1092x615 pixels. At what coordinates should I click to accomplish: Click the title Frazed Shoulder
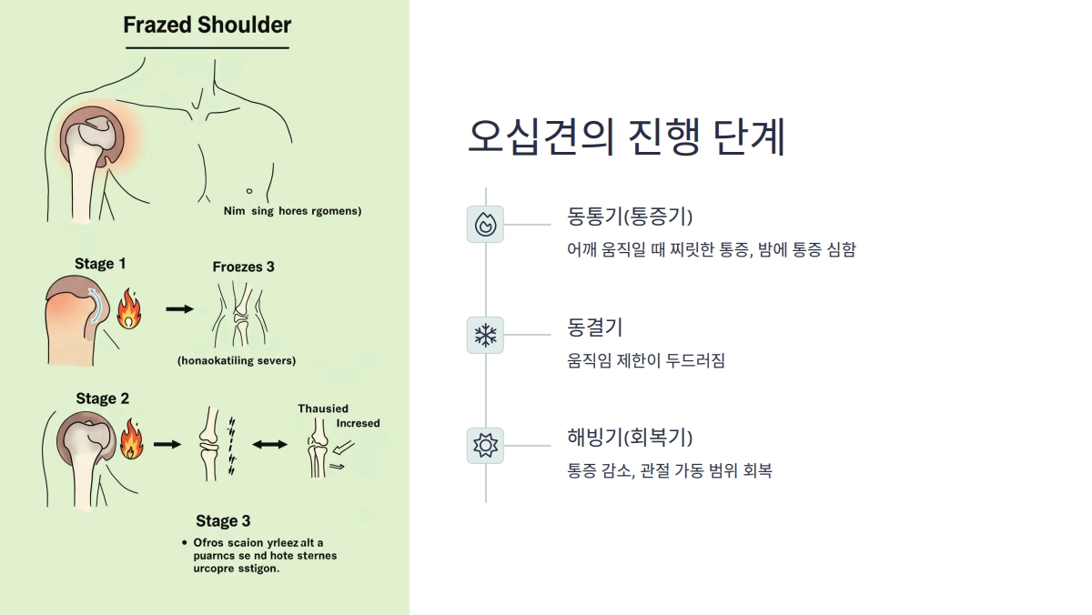207,25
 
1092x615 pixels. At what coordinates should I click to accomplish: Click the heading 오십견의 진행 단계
626,136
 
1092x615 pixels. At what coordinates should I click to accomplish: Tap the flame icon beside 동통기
485,224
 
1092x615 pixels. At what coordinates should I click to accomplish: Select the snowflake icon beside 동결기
485,336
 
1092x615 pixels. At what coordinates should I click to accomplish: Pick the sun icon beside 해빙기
485,445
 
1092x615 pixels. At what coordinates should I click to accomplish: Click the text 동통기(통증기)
630,217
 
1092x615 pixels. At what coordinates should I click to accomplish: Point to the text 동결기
594,328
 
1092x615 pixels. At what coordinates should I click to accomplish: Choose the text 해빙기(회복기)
630,437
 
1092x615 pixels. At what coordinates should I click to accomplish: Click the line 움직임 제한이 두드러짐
645,360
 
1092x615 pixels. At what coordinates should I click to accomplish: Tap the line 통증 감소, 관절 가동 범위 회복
669,471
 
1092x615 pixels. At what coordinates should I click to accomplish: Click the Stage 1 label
100,264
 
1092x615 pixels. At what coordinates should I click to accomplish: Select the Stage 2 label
102,398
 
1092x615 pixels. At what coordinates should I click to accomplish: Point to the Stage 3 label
223,521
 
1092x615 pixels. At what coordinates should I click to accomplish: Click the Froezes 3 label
243,267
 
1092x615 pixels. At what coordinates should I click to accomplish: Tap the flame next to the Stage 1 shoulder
129,309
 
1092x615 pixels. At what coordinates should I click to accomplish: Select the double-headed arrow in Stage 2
268,444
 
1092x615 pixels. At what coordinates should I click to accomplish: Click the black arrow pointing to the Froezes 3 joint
180,309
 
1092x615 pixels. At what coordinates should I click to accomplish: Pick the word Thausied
323,408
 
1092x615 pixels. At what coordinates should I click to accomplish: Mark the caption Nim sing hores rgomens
292,211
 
